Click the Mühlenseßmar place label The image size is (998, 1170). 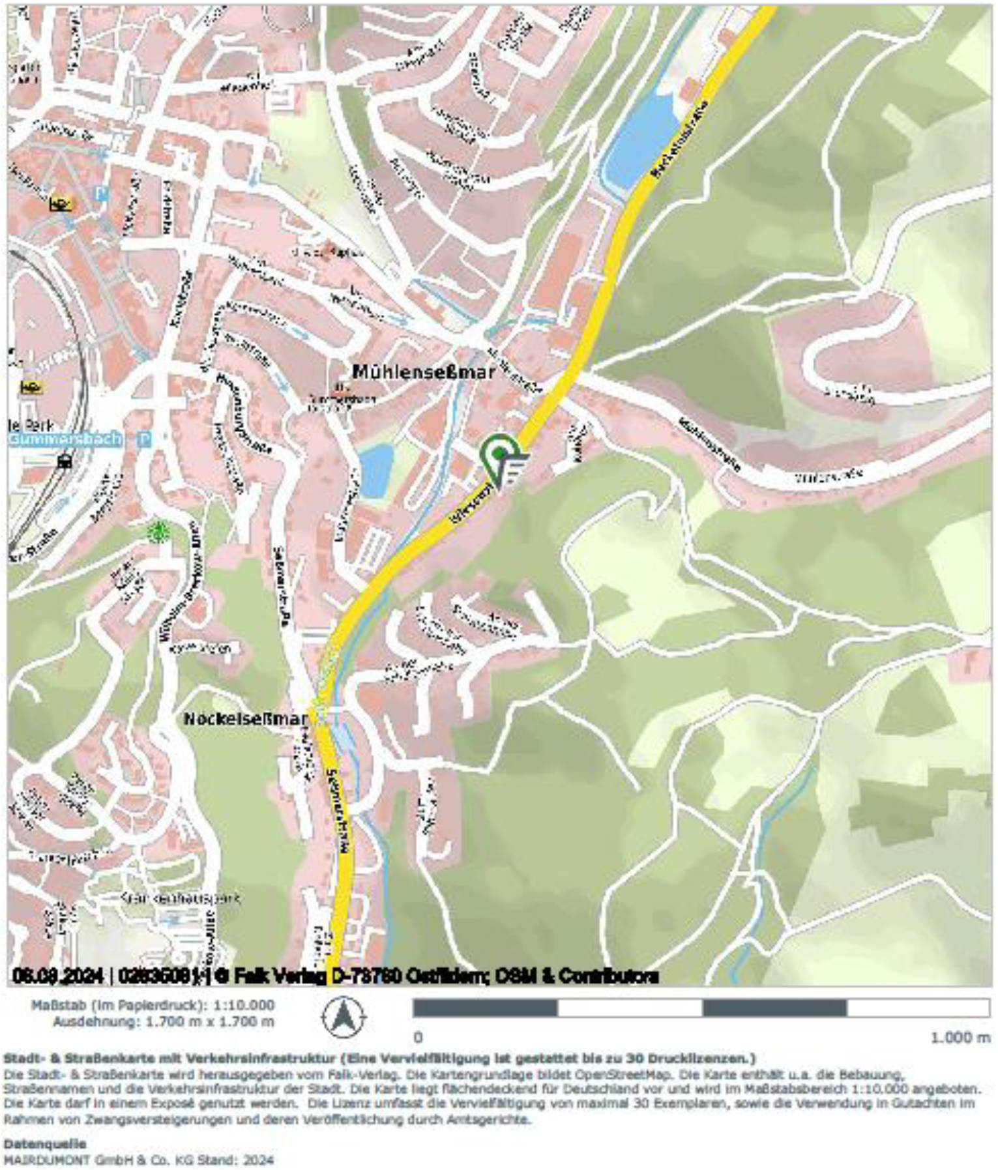tap(424, 372)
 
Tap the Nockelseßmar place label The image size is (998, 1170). tap(244, 718)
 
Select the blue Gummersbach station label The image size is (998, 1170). tap(65, 439)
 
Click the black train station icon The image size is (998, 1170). tap(65, 462)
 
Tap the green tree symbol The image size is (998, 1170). tap(157, 532)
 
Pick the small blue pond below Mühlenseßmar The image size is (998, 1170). tap(376, 470)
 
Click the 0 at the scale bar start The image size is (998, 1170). tap(418, 1037)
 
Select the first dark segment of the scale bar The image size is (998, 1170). tap(485, 1008)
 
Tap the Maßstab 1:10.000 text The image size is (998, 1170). tap(153, 1005)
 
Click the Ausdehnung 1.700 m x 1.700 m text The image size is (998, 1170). tap(163, 1021)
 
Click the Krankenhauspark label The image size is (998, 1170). tap(180, 898)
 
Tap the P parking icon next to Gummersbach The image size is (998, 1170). tap(144, 439)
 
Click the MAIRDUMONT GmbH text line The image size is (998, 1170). tap(138, 1160)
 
